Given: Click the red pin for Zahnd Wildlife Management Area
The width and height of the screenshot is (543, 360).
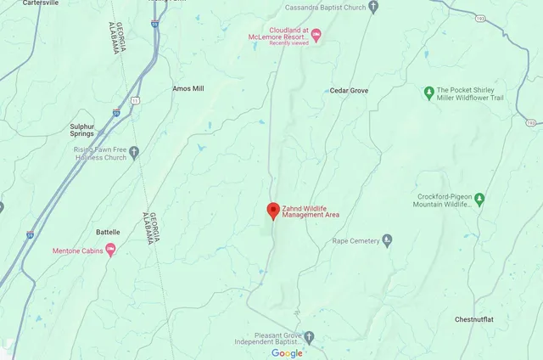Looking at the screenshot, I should (272, 211).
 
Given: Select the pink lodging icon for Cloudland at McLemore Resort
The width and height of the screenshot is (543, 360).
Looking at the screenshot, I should (316, 35).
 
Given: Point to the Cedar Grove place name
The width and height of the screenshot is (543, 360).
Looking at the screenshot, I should (349, 90).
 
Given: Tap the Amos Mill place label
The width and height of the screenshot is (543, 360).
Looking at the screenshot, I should (188, 88).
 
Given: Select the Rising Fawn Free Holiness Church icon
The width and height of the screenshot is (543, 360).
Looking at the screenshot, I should (133, 153).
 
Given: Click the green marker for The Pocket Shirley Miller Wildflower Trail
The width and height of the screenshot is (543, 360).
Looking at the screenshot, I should (429, 93).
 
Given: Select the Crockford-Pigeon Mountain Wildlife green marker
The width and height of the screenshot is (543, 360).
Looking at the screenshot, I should (479, 200).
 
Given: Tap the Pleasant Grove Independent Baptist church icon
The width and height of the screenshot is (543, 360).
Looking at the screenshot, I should (310, 338).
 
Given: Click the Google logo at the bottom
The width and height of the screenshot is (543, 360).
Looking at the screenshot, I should (287, 353).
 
